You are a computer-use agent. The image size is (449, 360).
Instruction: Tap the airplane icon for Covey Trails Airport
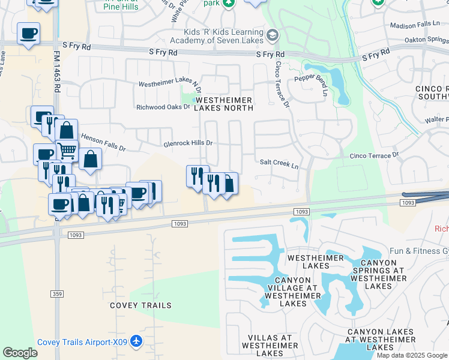click(137, 341)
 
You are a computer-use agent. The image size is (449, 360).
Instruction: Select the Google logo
click(20, 353)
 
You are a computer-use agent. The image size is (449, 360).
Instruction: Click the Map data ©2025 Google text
click(412, 355)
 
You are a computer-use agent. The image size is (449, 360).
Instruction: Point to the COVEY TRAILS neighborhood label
click(140, 305)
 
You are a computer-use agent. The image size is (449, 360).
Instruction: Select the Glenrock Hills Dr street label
click(188, 144)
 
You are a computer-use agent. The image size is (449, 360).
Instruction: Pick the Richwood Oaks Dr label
click(163, 107)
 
